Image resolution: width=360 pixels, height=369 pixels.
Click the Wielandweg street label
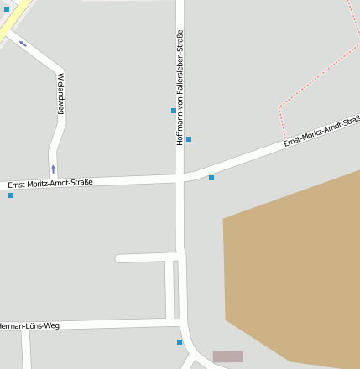60,93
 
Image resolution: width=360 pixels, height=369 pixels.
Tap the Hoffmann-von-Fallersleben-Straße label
180,87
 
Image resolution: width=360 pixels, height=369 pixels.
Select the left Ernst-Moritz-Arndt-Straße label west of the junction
50,183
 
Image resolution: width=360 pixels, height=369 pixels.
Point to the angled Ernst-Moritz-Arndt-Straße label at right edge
321,133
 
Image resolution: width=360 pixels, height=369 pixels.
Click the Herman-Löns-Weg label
30,325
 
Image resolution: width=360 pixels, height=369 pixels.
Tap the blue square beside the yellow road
7,8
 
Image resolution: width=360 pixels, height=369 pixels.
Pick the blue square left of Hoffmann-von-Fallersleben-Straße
174,111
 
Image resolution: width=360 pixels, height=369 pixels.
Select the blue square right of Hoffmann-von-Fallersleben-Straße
189,139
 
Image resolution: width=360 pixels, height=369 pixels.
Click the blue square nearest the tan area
211,178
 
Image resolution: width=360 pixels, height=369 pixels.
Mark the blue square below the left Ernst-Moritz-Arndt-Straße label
10,195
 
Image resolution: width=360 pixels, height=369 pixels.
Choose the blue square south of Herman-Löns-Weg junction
180,342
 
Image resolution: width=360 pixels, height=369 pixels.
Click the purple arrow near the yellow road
23,43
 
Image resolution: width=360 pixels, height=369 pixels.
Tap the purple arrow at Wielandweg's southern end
53,169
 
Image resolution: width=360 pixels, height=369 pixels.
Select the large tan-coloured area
294,268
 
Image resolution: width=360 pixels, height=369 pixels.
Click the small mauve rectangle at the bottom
227,356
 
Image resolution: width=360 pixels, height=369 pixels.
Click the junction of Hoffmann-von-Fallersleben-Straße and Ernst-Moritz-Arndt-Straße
180,177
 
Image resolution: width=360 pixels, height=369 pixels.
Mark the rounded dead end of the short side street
120,258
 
